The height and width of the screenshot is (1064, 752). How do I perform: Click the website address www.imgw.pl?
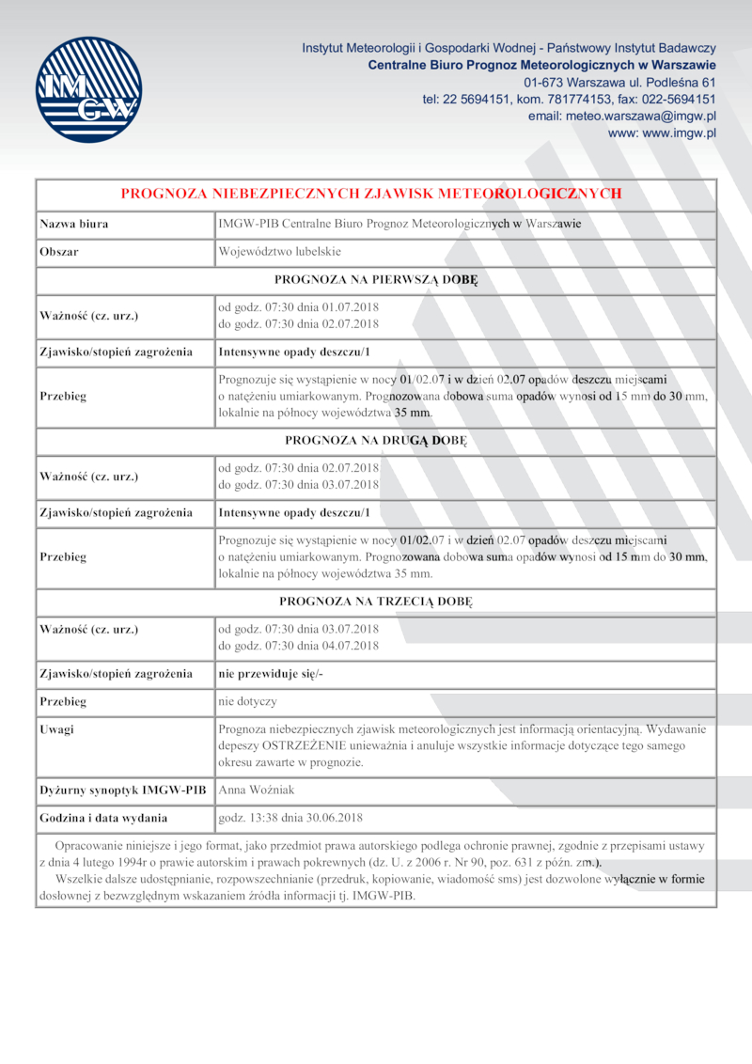pos(662,133)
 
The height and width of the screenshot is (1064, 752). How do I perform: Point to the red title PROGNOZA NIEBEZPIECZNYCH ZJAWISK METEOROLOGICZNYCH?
pos(371,194)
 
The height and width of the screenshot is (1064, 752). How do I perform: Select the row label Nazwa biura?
pos(73,225)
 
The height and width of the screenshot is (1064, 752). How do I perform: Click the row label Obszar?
pos(58,252)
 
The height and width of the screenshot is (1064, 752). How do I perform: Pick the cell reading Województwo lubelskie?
pos(279,252)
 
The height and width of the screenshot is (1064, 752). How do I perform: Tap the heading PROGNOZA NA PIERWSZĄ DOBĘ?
pos(376,279)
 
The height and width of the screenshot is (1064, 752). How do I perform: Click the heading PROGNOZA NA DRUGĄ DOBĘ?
pos(376,440)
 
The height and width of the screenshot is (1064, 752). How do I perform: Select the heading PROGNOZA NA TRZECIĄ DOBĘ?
pos(376,601)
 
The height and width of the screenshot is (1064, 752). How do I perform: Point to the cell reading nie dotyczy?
pos(247,701)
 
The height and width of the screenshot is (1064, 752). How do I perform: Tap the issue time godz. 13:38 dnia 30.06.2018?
pos(290,818)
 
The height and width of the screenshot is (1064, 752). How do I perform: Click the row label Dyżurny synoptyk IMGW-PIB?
pos(122,790)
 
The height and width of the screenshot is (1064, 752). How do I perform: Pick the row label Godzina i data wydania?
pos(103,818)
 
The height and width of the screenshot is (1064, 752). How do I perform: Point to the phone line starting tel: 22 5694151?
pos(569,99)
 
